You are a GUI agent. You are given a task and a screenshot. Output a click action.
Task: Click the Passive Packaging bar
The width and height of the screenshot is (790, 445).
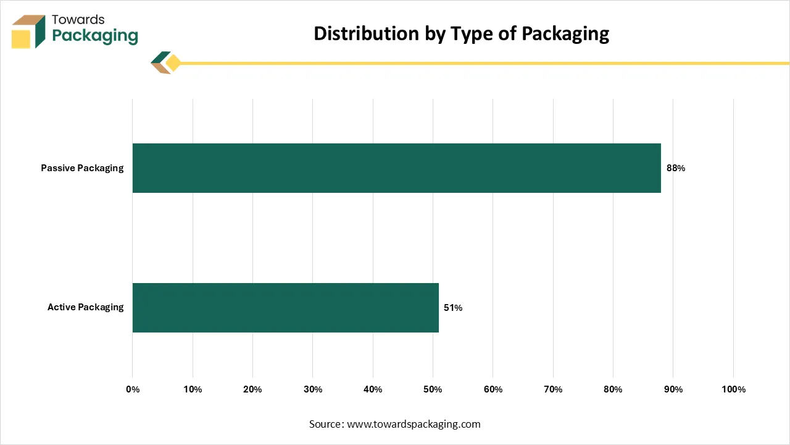tap(396, 168)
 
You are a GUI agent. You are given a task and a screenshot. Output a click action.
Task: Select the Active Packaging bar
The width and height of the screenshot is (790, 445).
tap(285, 307)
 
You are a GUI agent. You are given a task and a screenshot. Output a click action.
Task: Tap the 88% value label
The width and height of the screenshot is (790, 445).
tap(675, 168)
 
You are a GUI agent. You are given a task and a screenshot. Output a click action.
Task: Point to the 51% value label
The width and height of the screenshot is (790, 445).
tap(453, 307)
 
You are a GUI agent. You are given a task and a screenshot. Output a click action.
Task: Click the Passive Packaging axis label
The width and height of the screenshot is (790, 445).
tap(82, 168)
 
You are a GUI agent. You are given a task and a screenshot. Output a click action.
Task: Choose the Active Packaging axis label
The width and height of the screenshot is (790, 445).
tap(85, 307)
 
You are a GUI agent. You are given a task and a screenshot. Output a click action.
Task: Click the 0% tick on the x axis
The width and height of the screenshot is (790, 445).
tap(133, 389)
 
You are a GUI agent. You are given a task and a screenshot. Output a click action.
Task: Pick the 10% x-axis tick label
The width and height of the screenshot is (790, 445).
tap(193, 389)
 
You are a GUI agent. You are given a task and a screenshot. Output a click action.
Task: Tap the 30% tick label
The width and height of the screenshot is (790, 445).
tap(313, 389)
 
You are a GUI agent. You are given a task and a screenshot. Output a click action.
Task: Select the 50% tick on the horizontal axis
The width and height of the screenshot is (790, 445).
tap(433, 389)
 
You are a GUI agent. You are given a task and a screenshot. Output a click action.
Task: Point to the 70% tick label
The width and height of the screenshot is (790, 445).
tap(553, 389)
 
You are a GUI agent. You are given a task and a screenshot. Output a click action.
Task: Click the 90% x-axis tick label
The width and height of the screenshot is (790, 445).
tap(673, 389)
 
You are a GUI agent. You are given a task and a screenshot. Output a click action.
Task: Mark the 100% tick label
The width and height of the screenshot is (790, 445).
tap(733, 389)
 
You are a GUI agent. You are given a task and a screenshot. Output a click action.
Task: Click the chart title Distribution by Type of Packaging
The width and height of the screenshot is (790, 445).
tap(461, 33)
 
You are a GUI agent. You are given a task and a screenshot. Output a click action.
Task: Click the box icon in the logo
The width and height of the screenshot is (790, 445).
tap(28, 31)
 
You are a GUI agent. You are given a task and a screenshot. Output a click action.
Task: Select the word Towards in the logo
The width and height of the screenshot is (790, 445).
tap(78, 20)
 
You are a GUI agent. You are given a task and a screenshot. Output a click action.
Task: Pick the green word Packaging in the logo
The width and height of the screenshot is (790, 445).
tap(95, 36)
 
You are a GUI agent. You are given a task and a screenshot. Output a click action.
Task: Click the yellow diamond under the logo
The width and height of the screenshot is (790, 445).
tap(173, 63)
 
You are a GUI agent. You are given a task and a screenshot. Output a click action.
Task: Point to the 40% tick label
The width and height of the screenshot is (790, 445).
tap(373, 389)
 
